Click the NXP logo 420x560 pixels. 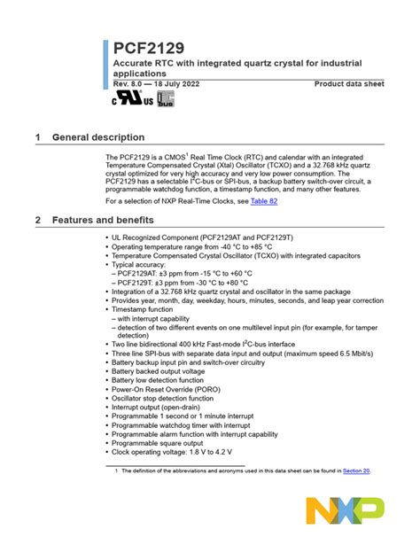click(x=346, y=511)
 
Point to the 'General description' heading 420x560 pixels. click(x=97, y=137)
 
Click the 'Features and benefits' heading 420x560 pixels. click(x=103, y=219)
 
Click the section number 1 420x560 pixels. click(x=37, y=137)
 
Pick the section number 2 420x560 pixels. click(x=37, y=219)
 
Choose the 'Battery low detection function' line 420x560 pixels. click(x=166, y=380)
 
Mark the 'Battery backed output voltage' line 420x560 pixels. click(x=163, y=371)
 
